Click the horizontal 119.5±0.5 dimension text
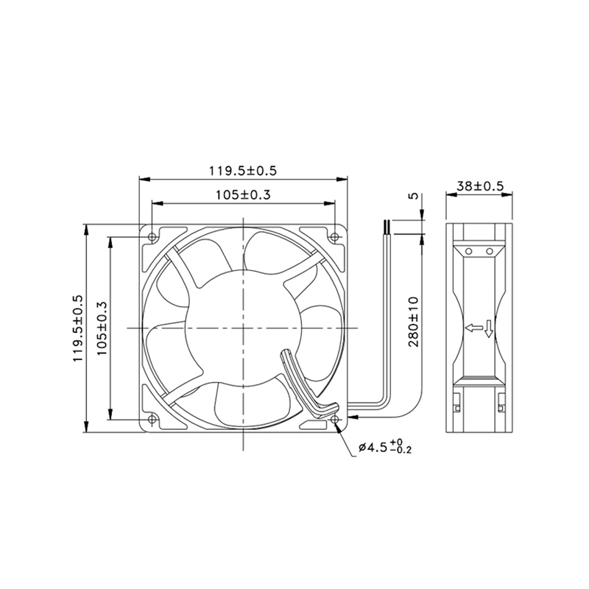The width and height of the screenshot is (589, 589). tap(243, 171)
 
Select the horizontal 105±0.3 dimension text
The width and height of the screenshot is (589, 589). tap(243, 195)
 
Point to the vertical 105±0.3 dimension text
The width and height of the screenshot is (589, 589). tap(103, 328)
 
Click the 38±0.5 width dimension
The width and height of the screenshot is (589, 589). tap(479, 187)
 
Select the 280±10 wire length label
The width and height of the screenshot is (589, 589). tap(413, 322)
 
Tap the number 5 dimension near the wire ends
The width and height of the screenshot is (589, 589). tap(413, 197)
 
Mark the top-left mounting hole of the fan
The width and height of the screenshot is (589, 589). tap(152, 236)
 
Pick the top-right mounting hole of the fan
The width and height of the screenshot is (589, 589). tap(334, 236)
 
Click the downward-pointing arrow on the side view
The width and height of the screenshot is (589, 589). tap(487, 331)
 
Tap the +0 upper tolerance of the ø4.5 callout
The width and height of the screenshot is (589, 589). tap(397, 441)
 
